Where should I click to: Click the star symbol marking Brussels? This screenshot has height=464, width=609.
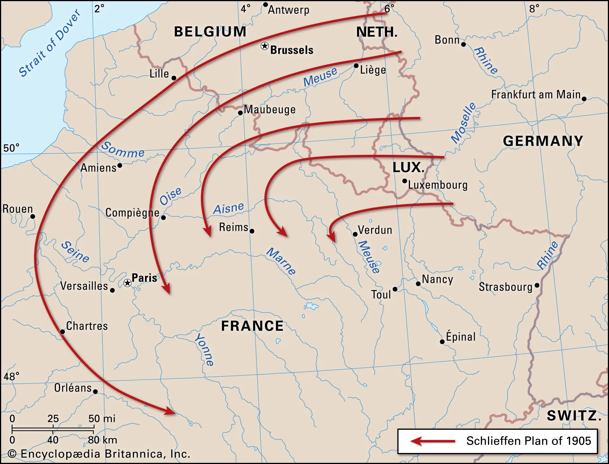click(x=265, y=46)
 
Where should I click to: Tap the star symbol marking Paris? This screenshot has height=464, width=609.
click(x=128, y=283)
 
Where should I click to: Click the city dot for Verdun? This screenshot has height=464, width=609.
click(x=355, y=234)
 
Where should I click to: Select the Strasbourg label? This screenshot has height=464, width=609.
click(x=505, y=287)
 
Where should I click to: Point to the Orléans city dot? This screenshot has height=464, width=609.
click(x=95, y=391)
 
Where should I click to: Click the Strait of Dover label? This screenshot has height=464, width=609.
click(x=50, y=43)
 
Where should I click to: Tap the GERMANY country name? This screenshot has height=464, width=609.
click(x=543, y=141)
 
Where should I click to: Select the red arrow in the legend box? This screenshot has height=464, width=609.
click(x=432, y=441)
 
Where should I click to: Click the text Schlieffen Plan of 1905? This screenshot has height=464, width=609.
click(x=528, y=441)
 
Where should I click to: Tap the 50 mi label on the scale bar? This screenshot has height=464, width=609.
click(x=102, y=419)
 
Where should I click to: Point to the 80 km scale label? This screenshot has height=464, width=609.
click(x=102, y=440)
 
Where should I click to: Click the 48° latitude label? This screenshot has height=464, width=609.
click(x=11, y=376)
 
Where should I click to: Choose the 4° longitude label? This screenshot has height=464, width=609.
click(x=246, y=8)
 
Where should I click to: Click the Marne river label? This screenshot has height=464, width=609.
click(x=281, y=261)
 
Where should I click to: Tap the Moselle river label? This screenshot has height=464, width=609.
click(x=463, y=123)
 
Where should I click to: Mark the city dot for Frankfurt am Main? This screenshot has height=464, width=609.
click(x=584, y=99)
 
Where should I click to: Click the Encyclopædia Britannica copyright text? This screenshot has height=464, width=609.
click(x=99, y=454)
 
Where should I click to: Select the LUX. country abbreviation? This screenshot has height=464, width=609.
click(x=408, y=167)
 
